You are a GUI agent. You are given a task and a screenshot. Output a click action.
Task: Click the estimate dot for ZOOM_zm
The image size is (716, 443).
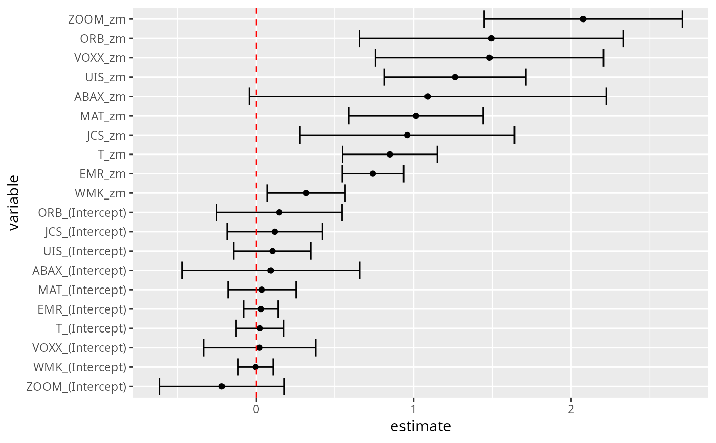coord(583,19)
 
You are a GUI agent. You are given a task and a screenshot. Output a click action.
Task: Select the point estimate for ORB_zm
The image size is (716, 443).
coord(491,39)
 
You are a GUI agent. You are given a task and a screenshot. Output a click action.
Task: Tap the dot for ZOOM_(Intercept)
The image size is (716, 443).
coord(221,386)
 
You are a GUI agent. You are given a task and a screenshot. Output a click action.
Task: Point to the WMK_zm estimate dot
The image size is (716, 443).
coord(306,193)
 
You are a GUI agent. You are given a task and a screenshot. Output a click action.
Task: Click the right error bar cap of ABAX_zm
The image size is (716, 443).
coord(606,97)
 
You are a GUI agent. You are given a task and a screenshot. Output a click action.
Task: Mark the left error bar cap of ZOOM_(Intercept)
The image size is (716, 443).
coord(159,386)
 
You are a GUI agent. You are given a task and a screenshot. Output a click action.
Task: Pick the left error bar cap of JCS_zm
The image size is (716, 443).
coord(300,135)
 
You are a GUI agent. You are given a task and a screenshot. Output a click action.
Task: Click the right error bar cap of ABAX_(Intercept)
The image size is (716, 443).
coord(360,271)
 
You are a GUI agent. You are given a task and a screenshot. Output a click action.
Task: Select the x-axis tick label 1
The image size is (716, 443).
coord(414,410)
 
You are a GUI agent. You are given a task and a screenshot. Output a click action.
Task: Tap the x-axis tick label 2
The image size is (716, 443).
coord(571,410)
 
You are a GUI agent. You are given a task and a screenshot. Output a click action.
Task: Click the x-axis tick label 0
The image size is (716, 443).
coord(256,410)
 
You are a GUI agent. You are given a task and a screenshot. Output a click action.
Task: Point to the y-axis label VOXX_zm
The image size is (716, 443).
coord(100,58)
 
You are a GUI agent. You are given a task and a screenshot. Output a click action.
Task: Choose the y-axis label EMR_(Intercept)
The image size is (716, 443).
coord(82,309)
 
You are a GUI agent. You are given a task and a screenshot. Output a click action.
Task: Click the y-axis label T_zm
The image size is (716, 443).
coord(111,154)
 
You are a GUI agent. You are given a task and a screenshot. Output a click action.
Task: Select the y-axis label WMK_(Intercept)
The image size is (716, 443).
coord(80,367)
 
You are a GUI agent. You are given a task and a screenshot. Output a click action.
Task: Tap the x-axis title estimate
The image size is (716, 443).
coord(420,427)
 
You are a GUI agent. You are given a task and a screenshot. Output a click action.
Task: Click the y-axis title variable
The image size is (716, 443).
coord(14,203)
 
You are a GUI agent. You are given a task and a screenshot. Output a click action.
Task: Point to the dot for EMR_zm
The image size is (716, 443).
coord(373,174)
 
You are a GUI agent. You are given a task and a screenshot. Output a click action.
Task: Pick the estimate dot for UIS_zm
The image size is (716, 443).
coord(455,77)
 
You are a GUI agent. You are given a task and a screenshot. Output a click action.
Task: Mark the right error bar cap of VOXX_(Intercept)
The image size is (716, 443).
coord(316,348)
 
